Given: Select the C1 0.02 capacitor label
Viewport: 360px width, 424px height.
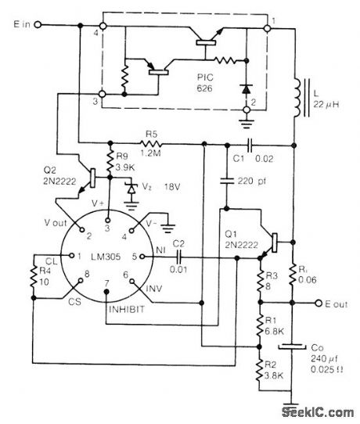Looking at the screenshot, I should pyautogui.click(x=252, y=159).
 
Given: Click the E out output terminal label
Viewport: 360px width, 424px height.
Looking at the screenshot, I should pyautogui.click(x=338, y=304).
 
